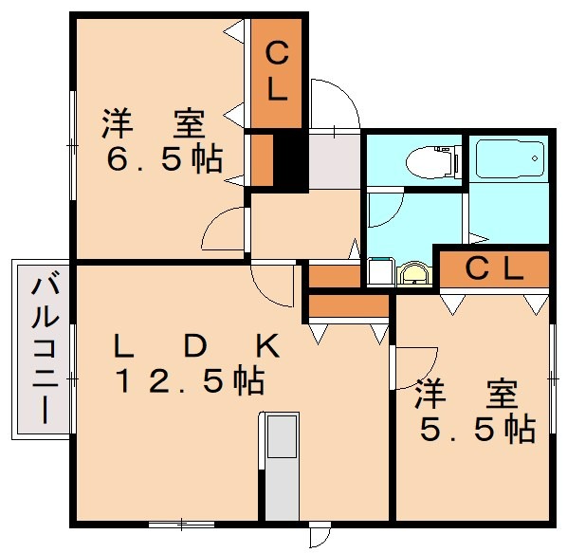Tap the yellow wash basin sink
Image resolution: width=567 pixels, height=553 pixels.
[413, 275]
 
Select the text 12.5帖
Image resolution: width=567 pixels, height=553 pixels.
[189, 381]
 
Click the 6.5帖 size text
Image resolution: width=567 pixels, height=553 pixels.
[163, 158]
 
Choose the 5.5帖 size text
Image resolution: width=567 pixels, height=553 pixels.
[477, 429]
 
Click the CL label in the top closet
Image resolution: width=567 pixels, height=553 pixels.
[276, 72]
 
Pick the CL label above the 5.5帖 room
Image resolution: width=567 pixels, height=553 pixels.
[493, 269]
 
